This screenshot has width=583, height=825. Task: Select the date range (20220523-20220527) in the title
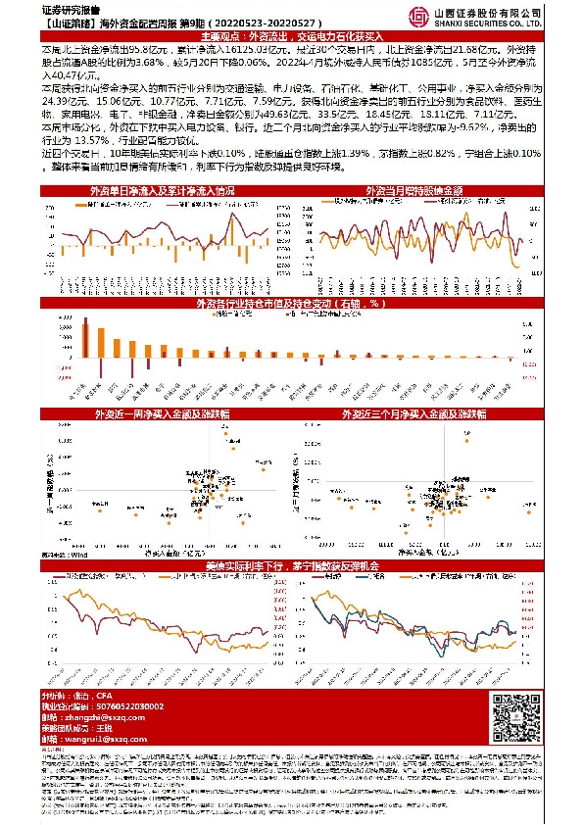266,22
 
